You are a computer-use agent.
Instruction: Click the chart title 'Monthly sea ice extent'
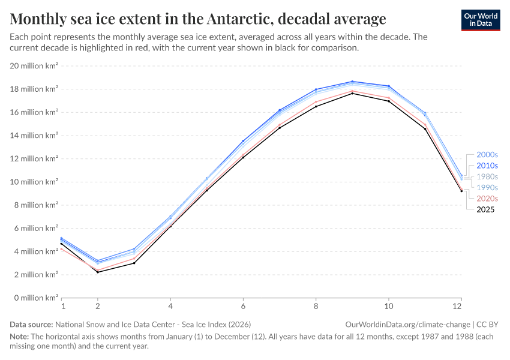click(x=198, y=19)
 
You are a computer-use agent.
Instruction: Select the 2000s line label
click(x=487, y=154)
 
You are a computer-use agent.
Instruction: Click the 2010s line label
click(x=487, y=166)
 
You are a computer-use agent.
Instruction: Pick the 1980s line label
click(x=487, y=176)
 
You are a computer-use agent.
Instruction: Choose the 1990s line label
click(x=487, y=187)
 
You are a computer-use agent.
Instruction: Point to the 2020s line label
click(x=487, y=199)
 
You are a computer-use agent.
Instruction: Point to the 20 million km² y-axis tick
click(x=34, y=65)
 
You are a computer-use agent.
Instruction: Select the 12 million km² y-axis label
click(x=34, y=158)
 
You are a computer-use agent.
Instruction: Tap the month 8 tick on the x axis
click(x=316, y=306)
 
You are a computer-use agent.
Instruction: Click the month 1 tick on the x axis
click(x=62, y=306)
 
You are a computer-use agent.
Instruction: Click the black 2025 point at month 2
click(x=98, y=272)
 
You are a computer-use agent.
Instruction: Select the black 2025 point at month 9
click(x=352, y=93)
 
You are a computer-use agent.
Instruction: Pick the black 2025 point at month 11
click(x=425, y=128)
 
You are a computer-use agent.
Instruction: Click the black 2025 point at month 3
click(x=134, y=263)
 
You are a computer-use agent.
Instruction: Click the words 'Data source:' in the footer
click(x=29, y=324)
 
